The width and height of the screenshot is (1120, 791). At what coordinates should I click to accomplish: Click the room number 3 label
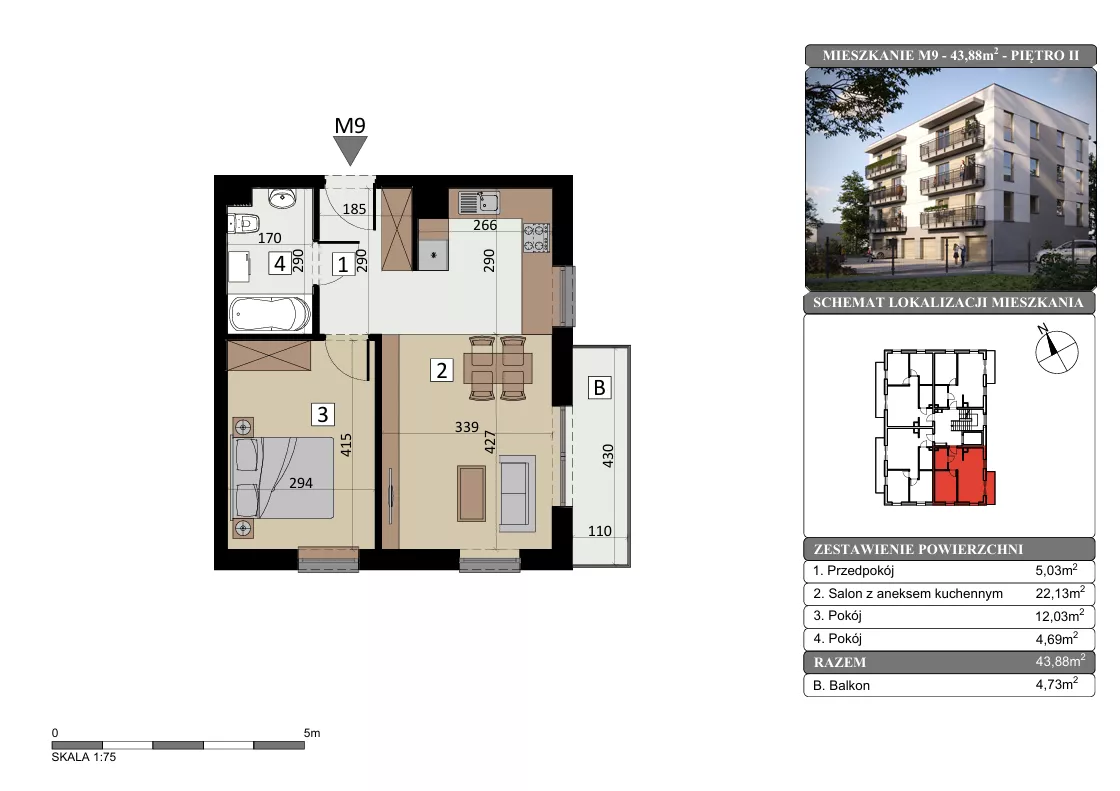(x=323, y=414)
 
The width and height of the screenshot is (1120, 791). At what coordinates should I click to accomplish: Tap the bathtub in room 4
(x=270, y=314)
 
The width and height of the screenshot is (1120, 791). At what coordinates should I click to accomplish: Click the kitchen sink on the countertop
(x=479, y=202)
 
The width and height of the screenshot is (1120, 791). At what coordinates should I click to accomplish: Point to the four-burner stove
(x=536, y=237)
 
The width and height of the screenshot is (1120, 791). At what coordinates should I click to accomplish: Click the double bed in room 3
(x=282, y=477)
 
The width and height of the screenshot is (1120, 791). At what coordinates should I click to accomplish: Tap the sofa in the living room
(x=517, y=494)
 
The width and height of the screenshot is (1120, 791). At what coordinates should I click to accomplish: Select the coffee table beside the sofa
(x=471, y=493)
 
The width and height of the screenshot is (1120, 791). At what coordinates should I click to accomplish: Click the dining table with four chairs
(x=497, y=369)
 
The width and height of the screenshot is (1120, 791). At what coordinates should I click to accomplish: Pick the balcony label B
(x=599, y=387)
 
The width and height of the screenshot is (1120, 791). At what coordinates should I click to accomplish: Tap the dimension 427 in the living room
(x=490, y=442)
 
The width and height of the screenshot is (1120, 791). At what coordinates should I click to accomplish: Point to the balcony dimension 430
(x=608, y=456)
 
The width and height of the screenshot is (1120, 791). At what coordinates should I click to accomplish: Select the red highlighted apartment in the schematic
(x=961, y=475)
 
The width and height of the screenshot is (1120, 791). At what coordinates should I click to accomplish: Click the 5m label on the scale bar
(x=312, y=733)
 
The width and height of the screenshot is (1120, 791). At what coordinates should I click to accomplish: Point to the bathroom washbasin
(x=283, y=198)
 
